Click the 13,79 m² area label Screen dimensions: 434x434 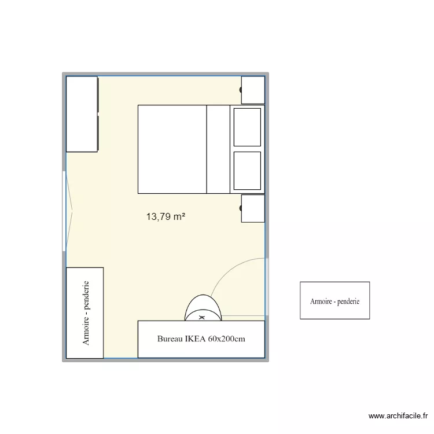(x=165, y=217)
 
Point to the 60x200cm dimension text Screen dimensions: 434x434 (x=228, y=339)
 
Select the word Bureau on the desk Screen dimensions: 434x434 (x=170, y=339)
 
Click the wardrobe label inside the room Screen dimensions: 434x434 (x=86, y=313)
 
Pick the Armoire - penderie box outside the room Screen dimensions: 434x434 (x=334, y=300)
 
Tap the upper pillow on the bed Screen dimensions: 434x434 (x=247, y=127)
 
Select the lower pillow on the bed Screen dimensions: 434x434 (x=247, y=170)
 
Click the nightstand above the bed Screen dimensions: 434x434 (x=253, y=90)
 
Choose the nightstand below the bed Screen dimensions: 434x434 (x=253, y=208)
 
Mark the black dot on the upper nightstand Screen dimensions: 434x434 (x=241, y=90)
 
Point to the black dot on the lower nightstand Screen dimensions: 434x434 (x=241, y=208)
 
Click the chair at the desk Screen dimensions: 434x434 (x=203, y=307)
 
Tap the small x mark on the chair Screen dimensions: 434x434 (x=202, y=318)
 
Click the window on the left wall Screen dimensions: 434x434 (x=64, y=211)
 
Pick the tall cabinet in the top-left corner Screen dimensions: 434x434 (x=82, y=114)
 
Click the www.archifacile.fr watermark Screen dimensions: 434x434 (x=399, y=416)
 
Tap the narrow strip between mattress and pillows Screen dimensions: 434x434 (x=218, y=149)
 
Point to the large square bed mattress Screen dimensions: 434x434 (x=172, y=149)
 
